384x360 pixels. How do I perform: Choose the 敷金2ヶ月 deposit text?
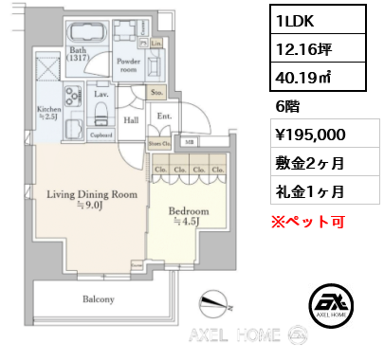(x=310, y=164)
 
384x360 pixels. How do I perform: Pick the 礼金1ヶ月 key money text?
(x=310, y=191)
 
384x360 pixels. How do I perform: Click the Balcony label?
(x=97, y=299)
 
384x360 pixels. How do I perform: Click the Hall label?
(x=133, y=120)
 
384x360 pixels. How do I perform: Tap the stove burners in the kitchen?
(x=71, y=98)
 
